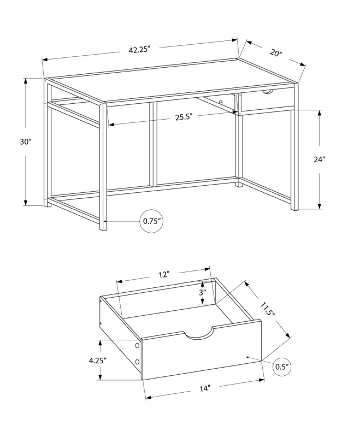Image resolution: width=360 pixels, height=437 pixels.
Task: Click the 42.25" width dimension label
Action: click(139, 49)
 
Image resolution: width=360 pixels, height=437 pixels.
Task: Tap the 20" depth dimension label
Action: click(275, 53)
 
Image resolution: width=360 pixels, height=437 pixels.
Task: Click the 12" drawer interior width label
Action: click(164, 275)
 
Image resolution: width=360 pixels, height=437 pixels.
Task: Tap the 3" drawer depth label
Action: click(203, 292)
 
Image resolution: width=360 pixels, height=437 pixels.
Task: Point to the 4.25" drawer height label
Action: click(97, 360)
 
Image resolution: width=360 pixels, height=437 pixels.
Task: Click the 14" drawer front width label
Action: click(205, 388)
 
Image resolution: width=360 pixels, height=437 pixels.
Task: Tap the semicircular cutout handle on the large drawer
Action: click(199, 334)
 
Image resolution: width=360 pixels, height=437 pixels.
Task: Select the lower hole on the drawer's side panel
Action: click(138, 362)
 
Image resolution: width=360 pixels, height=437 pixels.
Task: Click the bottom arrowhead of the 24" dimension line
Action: click(320, 206)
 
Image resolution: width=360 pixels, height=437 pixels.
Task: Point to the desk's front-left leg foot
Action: click(103, 227)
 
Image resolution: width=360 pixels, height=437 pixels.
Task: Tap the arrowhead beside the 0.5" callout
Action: click(249, 357)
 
